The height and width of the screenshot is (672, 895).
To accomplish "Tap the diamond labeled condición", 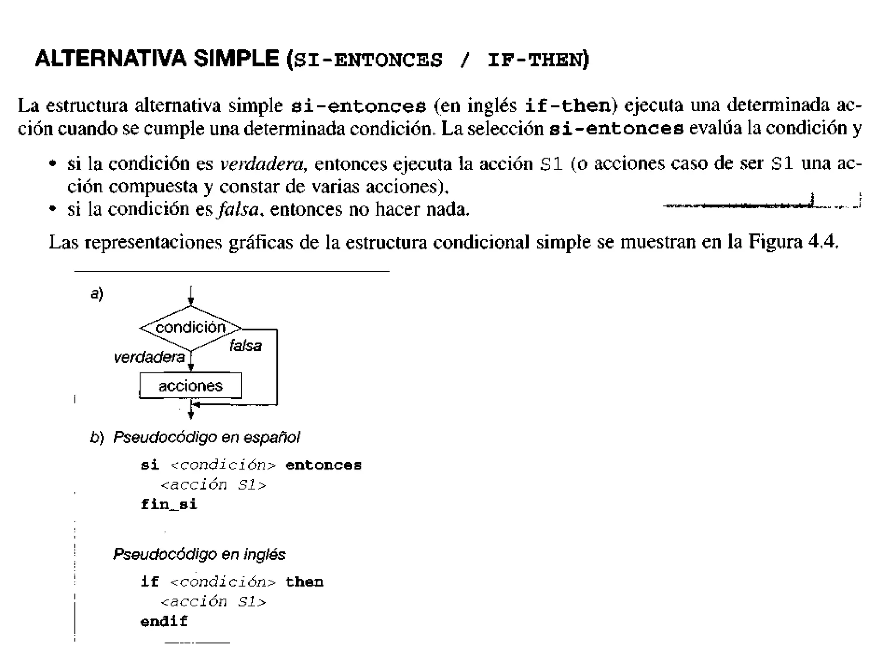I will pos(191,328).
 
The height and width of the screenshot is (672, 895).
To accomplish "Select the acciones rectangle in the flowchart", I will pos(191,385).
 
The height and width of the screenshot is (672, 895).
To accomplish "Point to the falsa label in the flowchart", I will pos(245,346).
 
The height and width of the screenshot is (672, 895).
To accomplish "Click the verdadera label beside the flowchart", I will pos(149,357).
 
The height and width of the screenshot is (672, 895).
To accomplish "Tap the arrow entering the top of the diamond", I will pos(191,296).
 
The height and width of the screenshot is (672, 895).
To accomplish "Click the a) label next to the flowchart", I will pos(97,293).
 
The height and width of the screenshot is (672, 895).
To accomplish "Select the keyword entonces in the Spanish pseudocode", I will pos(323,465).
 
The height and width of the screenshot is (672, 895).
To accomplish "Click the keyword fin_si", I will pos(169,504).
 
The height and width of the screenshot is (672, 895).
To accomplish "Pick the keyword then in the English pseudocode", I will pos(304,581).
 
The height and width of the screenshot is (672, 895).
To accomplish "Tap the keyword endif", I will pos(164,621).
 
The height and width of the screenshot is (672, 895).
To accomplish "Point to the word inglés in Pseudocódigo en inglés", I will pos(264,554).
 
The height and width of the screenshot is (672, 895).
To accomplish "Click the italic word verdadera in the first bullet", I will pos(261,164).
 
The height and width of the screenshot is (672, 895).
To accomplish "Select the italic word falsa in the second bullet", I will pos(239,209).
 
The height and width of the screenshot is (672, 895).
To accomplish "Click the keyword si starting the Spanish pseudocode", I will pos(149,465).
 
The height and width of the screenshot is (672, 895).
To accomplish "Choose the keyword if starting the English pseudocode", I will pos(149,581).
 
